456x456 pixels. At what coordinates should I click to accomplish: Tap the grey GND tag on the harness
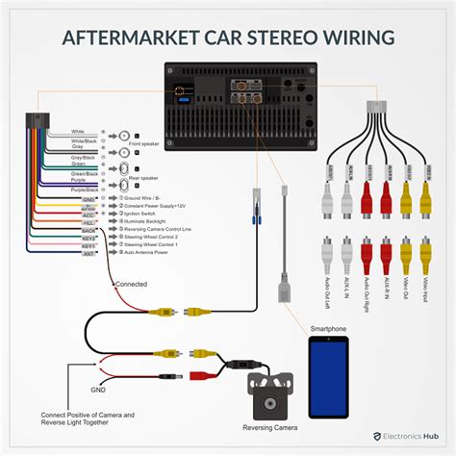(89, 198)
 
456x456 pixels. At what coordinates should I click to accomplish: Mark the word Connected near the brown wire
(132, 285)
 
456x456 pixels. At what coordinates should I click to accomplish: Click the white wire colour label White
(78, 131)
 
